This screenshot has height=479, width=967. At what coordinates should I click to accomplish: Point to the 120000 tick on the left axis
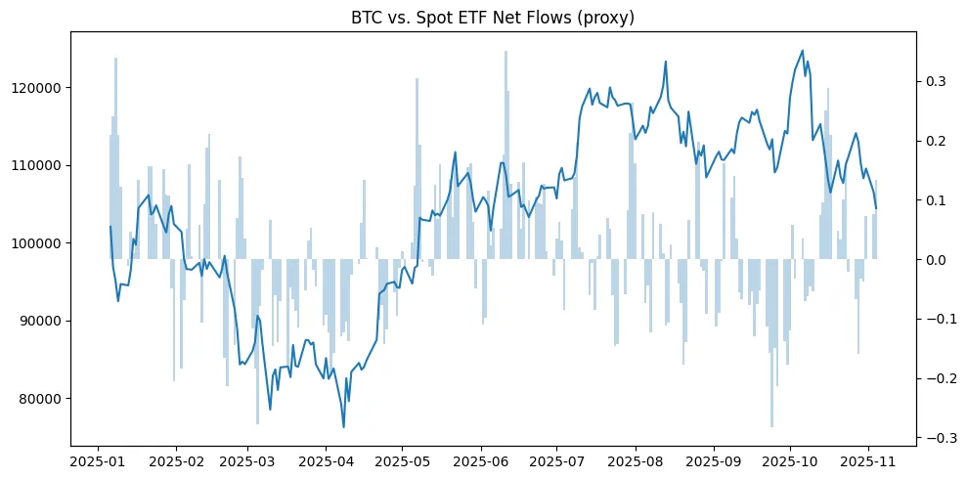click(x=38, y=88)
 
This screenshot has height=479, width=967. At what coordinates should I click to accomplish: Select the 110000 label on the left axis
click(x=38, y=165)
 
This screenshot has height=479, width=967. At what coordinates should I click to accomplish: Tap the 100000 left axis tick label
click(x=38, y=243)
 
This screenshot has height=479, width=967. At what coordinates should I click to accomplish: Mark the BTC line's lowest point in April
click(x=343, y=427)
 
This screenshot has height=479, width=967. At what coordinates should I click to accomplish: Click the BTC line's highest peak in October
click(x=803, y=51)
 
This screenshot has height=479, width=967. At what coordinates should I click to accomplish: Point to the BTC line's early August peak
click(x=666, y=62)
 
